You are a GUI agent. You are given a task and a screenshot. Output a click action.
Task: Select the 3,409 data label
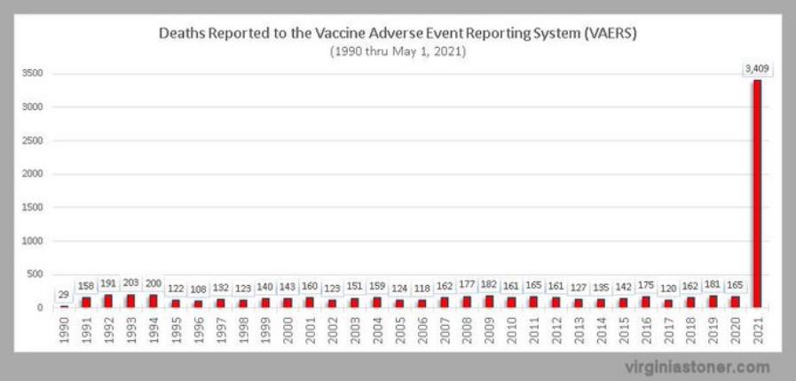[757, 67]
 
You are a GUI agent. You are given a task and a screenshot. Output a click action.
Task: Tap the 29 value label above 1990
[64, 294]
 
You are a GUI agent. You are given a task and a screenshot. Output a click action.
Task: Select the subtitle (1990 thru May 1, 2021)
[398, 51]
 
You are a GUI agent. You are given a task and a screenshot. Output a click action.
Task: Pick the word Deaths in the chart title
[182, 34]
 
